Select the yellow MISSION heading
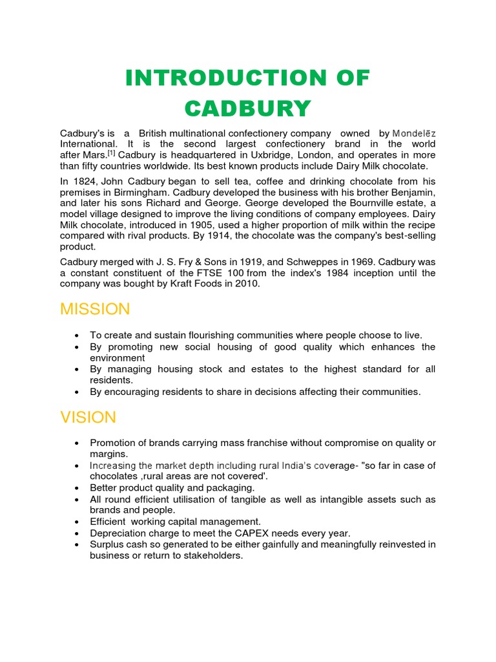95,309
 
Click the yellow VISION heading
88,418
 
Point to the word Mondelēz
414,133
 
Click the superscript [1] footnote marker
111,154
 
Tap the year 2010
248,284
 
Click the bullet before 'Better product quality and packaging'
77,488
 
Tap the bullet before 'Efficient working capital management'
77,522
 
